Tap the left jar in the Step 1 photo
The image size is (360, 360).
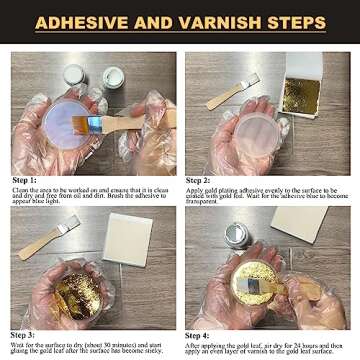[x=74, y=77]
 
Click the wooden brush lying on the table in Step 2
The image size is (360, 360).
[x=231, y=93]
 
